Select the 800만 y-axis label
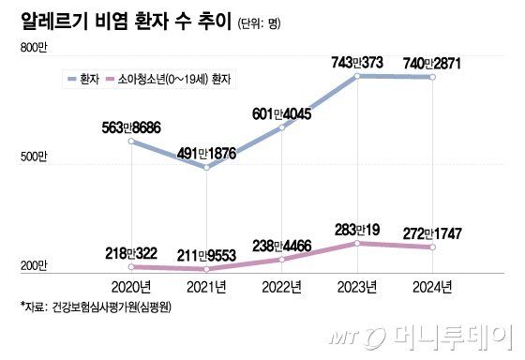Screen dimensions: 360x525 tap(33, 47)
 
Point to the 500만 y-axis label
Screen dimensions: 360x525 tap(33, 157)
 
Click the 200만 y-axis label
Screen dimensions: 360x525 tap(33, 266)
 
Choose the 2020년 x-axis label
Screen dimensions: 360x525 tap(130, 286)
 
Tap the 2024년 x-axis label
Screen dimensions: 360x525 tap(432, 286)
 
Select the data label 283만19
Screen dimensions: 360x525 tap(358, 228)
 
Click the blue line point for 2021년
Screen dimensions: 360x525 tap(206, 167)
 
